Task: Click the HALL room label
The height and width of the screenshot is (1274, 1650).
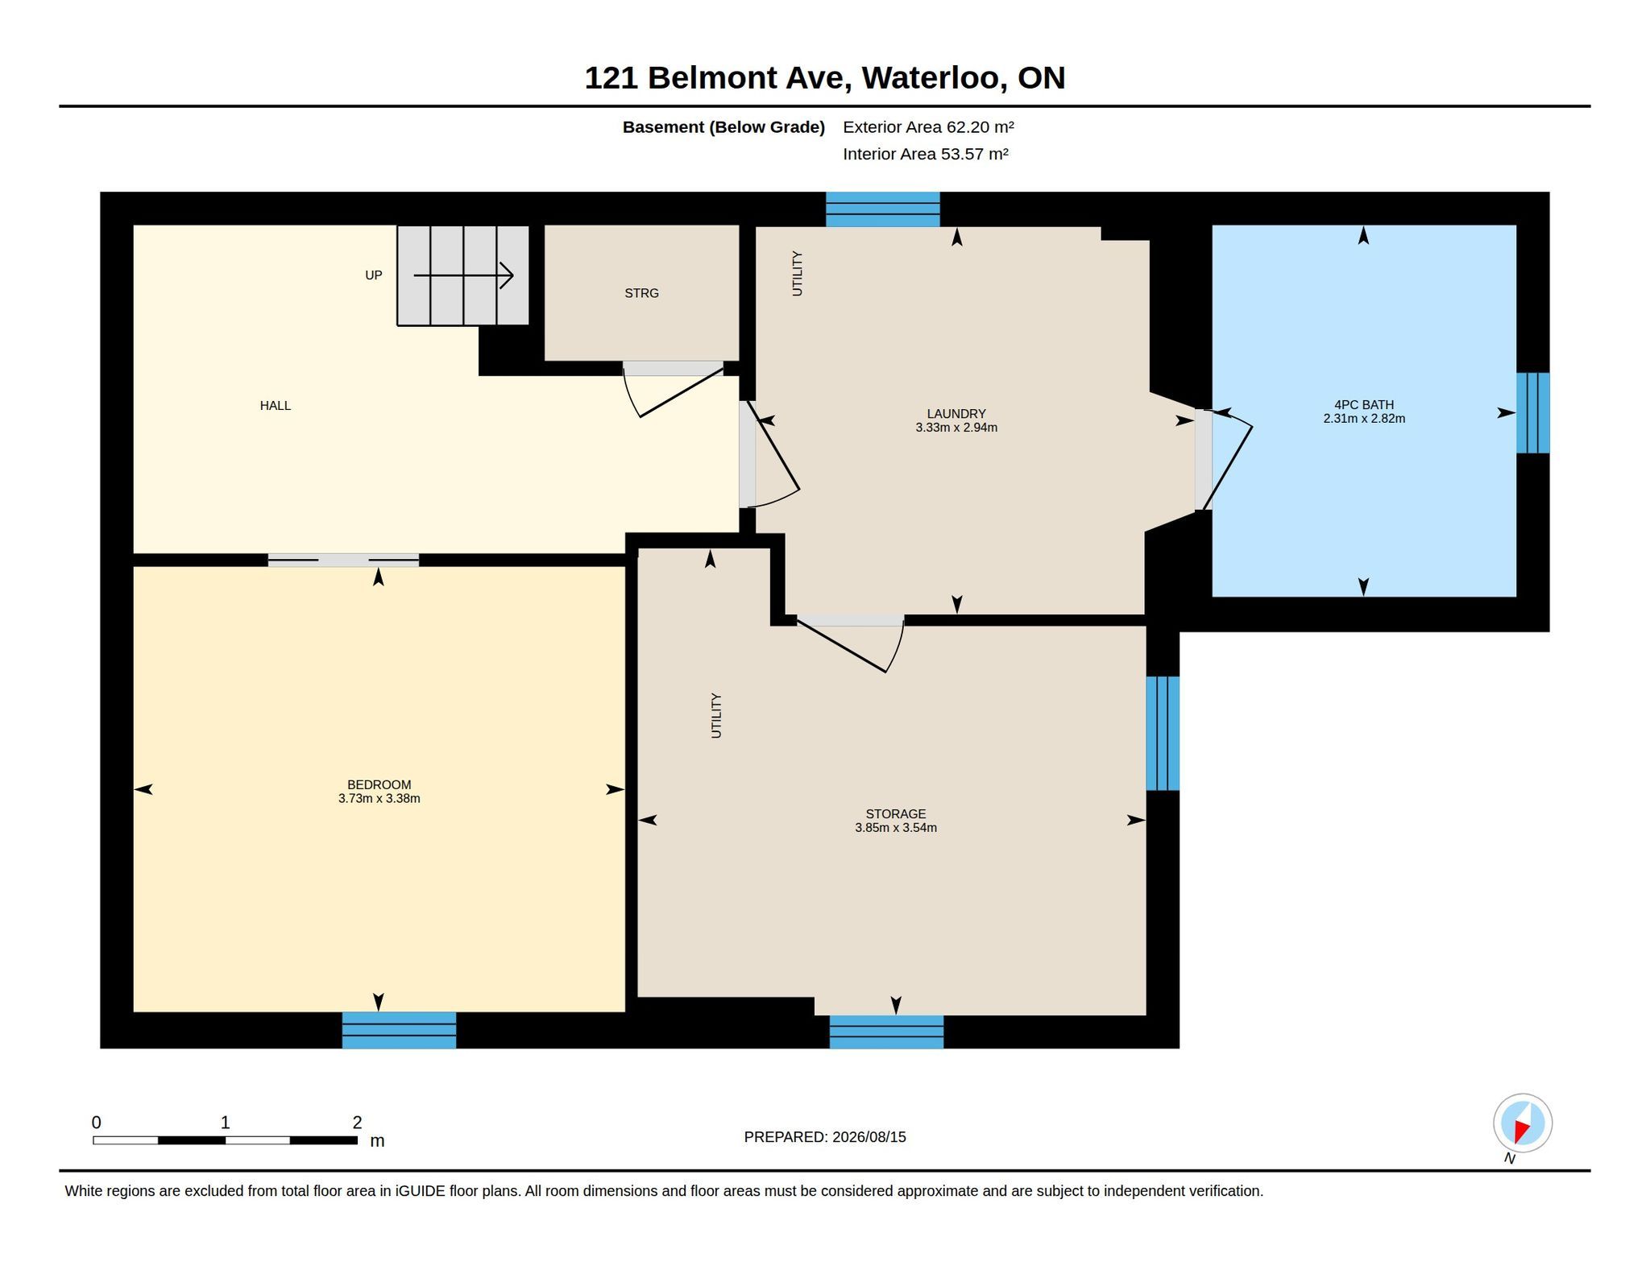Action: [x=275, y=406]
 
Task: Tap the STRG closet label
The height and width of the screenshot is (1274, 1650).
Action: [x=641, y=293]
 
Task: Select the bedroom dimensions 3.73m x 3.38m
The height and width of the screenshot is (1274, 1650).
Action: [x=379, y=799]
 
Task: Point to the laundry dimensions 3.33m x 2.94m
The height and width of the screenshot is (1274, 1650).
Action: [x=956, y=428]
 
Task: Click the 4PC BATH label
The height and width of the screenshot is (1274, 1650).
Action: [x=1364, y=405]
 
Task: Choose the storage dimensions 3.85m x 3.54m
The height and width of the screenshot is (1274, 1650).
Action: [x=896, y=828]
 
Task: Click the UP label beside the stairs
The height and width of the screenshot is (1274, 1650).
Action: [x=373, y=275]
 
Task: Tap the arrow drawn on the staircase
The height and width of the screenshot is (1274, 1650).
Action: [x=464, y=275]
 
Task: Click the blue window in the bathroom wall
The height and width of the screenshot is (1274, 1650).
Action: [x=1532, y=413]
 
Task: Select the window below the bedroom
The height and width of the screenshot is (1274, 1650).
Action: [x=399, y=1030]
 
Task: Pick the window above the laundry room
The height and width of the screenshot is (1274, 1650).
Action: [x=883, y=209]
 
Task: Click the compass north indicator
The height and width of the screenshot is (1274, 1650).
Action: [x=1522, y=1123]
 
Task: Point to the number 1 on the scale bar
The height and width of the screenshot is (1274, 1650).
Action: [x=225, y=1122]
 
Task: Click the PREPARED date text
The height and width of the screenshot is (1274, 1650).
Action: [x=825, y=1137]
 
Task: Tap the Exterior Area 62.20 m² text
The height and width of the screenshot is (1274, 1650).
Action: [x=928, y=127]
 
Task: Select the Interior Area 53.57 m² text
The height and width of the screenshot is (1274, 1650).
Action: [x=926, y=154]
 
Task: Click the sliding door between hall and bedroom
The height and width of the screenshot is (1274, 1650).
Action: [x=343, y=560]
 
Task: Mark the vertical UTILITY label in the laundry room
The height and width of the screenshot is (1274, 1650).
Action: [x=798, y=274]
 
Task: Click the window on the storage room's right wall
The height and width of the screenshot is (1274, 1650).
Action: [x=1163, y=734]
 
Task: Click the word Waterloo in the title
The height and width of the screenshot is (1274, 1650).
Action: [x=934, y=78]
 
